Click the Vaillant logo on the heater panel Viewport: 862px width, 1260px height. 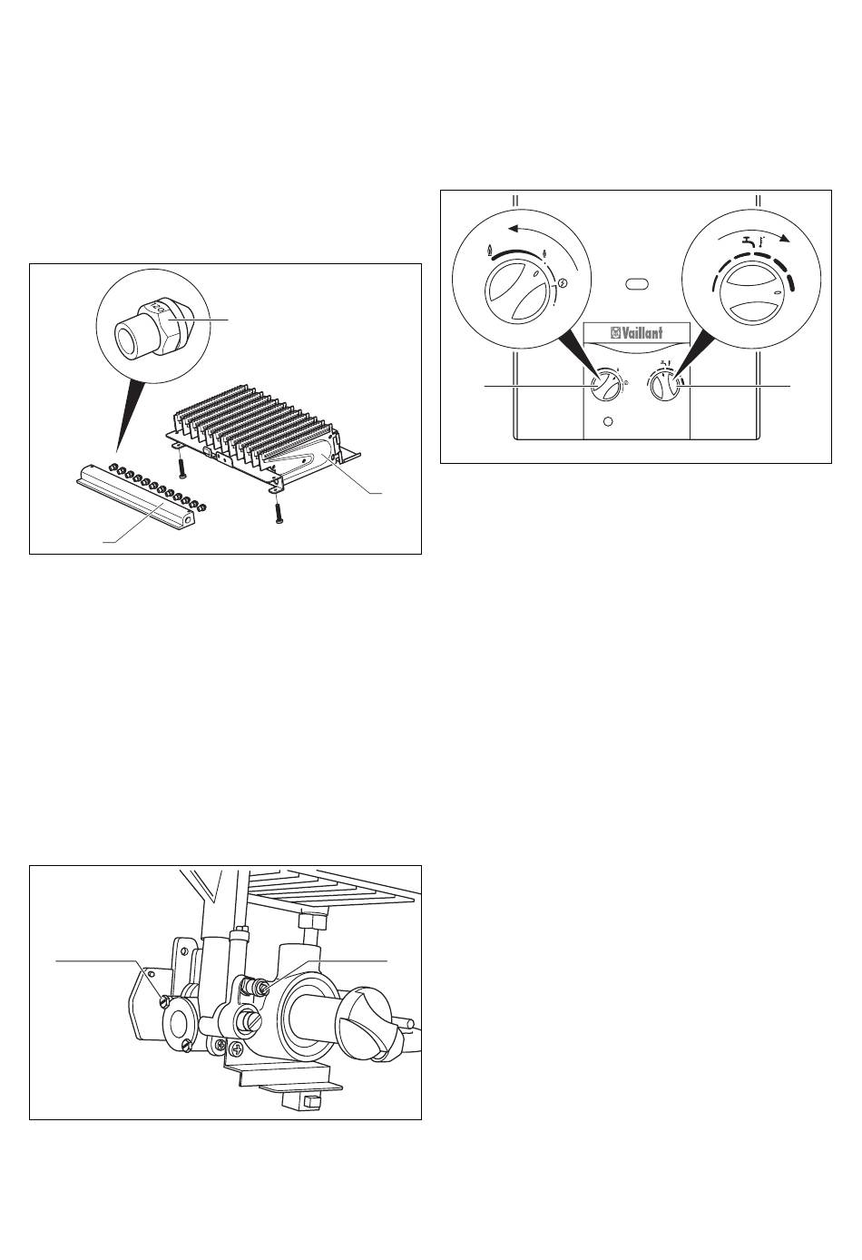(x=635, y=333)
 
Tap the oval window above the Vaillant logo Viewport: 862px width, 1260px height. (x=636, y=284)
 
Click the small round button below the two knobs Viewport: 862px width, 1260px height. (x=608, y=422)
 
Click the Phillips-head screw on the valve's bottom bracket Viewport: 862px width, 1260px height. (x=236, y=1049)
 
